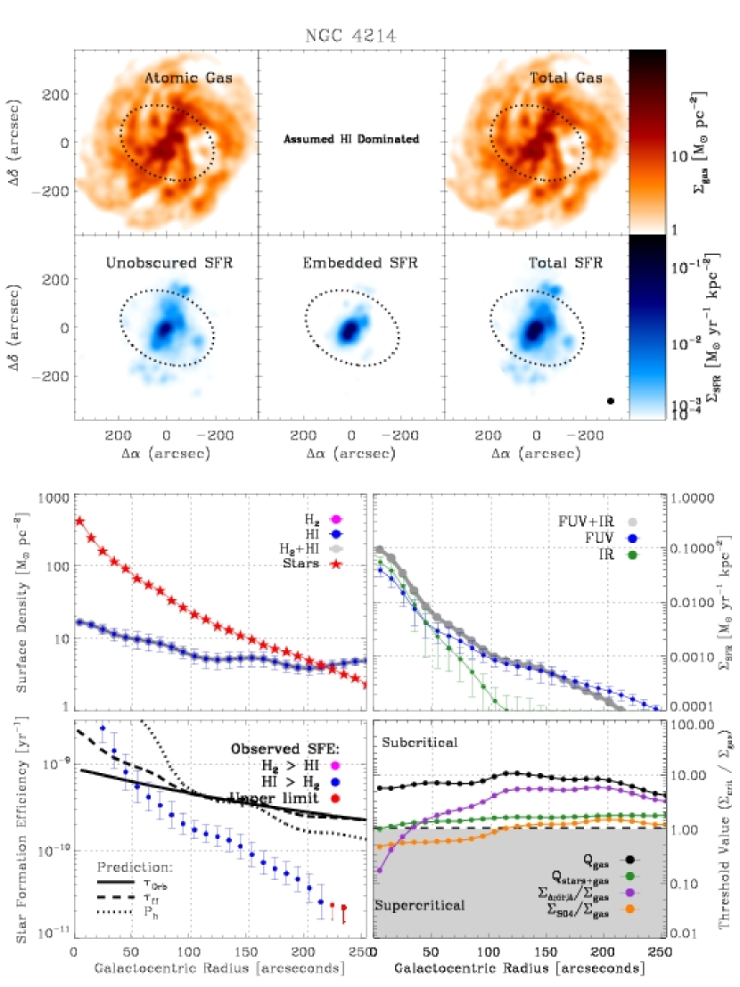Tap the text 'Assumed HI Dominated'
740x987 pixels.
[351, 140]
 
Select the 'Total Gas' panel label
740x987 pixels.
[566, 78]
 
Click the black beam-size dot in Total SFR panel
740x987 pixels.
[611, 401]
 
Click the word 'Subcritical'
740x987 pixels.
[421, 742]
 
